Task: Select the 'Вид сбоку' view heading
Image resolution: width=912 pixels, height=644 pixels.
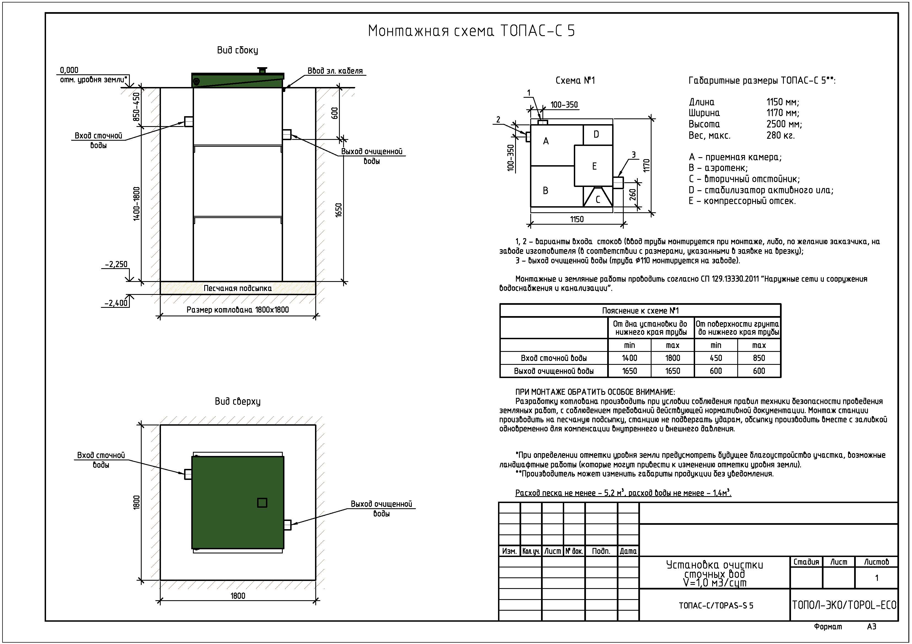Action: [x=237, y=50]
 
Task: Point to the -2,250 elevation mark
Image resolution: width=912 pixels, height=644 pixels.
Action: [x=116, y=265]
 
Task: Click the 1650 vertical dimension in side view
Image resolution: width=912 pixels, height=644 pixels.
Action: [x=338, y=210]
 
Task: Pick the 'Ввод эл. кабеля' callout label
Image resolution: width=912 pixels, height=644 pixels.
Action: [x=335, y=71]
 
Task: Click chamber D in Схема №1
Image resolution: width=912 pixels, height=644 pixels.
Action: [x=596, y=135]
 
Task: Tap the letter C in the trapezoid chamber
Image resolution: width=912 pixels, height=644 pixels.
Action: [x=598, y=200]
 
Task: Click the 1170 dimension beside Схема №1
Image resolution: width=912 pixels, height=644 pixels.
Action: [x=646, y=166]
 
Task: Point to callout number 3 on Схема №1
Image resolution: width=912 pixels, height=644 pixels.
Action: [x=634, y=155]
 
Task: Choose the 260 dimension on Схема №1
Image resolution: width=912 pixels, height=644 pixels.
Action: [x=633, y=194]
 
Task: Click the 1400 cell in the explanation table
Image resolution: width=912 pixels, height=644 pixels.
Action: [x=629, y=358]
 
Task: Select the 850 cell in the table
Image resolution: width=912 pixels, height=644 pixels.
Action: [x=759, y=358]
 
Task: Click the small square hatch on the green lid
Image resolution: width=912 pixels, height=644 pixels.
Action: [x=262, y=503]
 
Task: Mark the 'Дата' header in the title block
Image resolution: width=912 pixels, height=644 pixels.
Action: [x=628, y=551]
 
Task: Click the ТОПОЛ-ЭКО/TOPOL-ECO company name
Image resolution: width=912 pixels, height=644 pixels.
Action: [x=844, y=605]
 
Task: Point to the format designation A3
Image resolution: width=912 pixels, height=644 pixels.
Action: [x=871, y=627]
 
